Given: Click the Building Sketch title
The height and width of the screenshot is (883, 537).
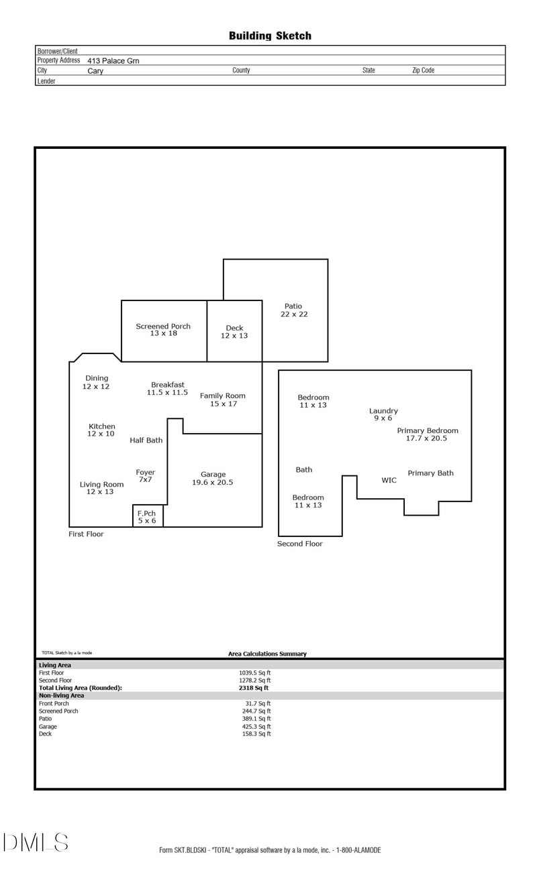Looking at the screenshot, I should (x=270, y=36).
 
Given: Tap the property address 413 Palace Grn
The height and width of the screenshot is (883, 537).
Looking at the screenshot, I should (x=113, y=60).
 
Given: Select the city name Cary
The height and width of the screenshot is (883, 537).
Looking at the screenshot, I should (x=95, y=70).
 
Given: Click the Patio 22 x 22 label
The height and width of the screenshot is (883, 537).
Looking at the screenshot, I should (x=293, y=310).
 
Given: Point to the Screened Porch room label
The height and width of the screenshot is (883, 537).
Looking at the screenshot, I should (x=163, y=330).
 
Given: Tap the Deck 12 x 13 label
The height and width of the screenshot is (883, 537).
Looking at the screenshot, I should (x=234, y=332).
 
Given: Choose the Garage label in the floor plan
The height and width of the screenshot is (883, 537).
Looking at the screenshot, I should (x=213, y=478).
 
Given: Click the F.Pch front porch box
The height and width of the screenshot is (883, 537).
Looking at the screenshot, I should (x=147, y=516).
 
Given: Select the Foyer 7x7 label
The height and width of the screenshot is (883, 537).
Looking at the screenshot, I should (x=145, y=476).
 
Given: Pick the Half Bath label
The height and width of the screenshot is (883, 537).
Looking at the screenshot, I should (x=146, y=440).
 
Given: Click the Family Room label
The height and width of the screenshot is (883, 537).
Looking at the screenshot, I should (x=223, y=400).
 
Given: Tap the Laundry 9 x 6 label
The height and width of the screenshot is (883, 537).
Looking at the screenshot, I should (x=383, y=414).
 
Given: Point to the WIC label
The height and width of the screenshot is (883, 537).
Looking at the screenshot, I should (x=389, y=480).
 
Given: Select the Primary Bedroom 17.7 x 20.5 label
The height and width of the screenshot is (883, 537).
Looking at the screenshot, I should (x=427, y=434).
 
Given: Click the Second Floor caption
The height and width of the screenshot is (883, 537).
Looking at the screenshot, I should (x=300, y=544).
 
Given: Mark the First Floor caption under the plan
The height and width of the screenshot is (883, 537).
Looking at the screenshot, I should (x=86, y=534).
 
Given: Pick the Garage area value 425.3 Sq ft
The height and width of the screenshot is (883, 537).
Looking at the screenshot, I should (x=254, y=726).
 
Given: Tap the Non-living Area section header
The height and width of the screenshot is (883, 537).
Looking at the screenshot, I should (x=61, y=695).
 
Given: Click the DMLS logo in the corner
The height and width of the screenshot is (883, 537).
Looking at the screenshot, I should (x=35, y=842).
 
